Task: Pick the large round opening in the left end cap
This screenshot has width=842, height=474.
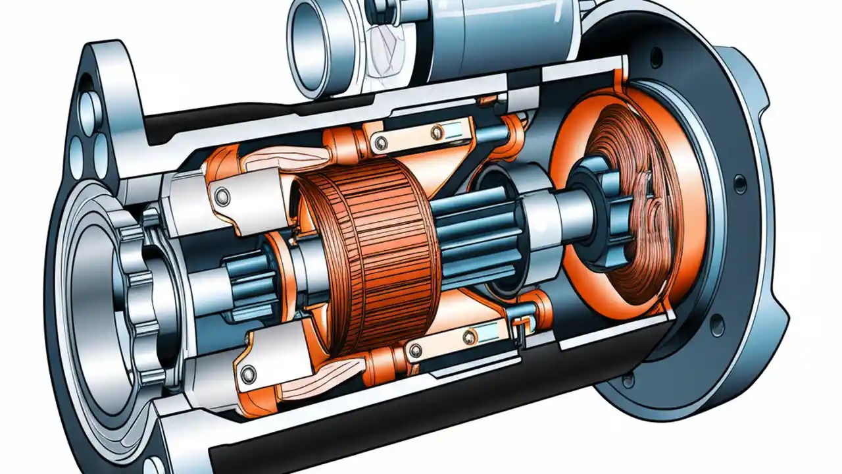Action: [99, 290]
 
